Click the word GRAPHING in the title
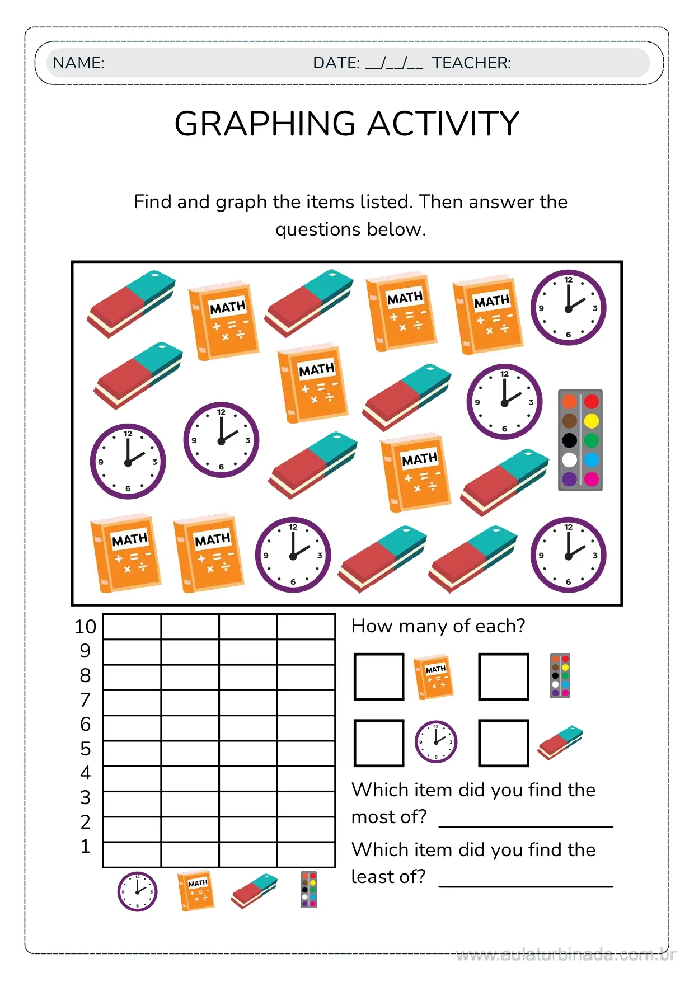(x=265, y=124)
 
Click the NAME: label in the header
(x=78, y=63)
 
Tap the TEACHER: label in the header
(x=471, y=63)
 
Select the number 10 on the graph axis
(x=85, y=627)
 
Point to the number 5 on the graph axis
(x=85, y=749)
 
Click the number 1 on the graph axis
(x=85, y=846)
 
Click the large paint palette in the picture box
(x=580, y=440)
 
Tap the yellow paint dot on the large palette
(x=591, y=421)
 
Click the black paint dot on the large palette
(x=570, y=440)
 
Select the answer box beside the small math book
(x=379, y=676)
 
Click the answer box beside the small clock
(x=379, y=743)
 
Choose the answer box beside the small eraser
(x=503, y=743)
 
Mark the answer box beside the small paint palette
(x=503, y=676)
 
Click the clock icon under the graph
(x=137, y=891)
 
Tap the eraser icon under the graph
(x=254, y=891)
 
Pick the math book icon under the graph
(x=196, y=891)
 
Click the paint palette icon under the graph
(x=308, y=890)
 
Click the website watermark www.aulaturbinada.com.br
(x=565, y=955)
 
